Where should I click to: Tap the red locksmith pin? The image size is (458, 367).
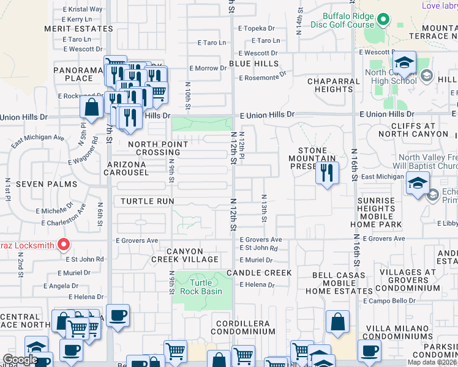pos(63,246)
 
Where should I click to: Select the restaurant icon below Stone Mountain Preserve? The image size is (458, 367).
pos(328,173)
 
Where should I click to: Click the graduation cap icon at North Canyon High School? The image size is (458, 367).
pos(404,64)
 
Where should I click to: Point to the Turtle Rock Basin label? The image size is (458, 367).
pos(200,287)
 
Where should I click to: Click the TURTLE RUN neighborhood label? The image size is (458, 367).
pos(147,201)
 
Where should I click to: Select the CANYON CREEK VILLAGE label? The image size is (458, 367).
pos(185,255)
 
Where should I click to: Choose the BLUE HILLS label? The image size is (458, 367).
pos(254,64)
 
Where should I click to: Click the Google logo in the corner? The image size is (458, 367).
pos(20,360)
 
